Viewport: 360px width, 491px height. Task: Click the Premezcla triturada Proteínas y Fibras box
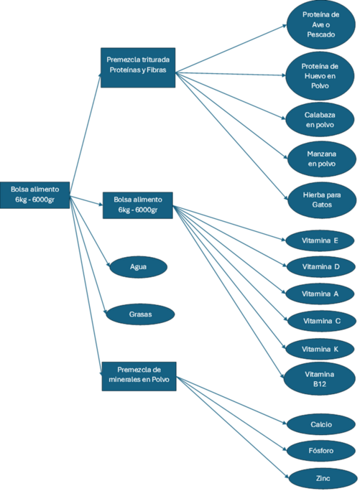coord(138,67)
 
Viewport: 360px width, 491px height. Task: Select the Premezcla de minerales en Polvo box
coord(139,376)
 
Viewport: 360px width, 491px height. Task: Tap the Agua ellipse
coord(138,267)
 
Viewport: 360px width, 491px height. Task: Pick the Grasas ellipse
coord(140,314)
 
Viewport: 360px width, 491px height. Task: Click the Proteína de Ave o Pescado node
coord(320,24)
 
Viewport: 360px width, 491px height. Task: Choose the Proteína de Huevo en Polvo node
coord(320,76)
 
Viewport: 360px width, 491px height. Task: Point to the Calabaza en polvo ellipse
coord(320,120)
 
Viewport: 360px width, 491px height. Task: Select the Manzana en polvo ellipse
coord(322,159)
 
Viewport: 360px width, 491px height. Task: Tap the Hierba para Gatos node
coord(322,200)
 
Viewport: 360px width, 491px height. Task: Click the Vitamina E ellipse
coord(320,240)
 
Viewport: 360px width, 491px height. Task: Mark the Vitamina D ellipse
coord(320,267)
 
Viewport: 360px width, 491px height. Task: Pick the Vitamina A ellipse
coord(320,294)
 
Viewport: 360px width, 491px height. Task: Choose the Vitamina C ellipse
coord(322,322)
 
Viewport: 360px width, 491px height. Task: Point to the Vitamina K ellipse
coord(320,349)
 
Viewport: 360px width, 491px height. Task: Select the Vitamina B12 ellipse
coord(319,379)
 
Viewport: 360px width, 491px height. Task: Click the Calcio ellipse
coord(321,425)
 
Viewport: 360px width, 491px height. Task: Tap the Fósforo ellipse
coord(321,451)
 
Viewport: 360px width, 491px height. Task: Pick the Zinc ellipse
coord(323,479)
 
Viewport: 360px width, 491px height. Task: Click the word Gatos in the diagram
coord(322,205)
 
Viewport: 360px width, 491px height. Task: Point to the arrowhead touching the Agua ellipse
coord(109,265)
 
